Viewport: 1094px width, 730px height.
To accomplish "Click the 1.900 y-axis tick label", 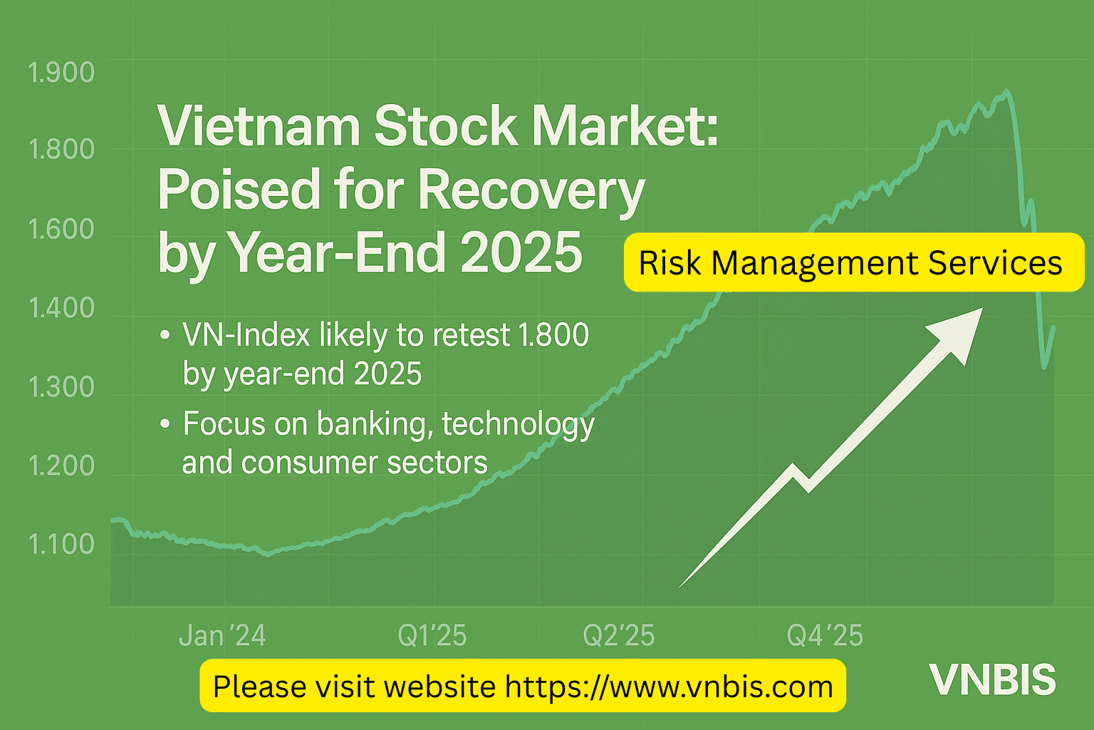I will tap(61, 73).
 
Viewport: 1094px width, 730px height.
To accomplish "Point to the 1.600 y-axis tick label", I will tap(61, 230).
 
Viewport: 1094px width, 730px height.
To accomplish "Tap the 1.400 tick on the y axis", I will tap(61, 308).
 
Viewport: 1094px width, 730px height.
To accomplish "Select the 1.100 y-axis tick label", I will tap(61, 544).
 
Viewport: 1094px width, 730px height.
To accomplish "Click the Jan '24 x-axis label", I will tap(222, 635).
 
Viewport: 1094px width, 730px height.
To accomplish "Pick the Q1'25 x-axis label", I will tap(432, 635).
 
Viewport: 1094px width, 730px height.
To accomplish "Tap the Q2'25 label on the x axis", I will tap(619, 635).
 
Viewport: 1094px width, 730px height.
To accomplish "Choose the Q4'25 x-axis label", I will tap(825, 635).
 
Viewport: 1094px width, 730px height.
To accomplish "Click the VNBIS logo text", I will tap(992, 680).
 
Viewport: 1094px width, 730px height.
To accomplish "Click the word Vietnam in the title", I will tap(259, 126).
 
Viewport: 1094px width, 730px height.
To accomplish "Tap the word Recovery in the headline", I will tap(531, 190).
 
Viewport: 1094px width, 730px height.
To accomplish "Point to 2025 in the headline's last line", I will tap(521, 253).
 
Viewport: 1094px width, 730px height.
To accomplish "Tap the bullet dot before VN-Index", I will tap(165, 334).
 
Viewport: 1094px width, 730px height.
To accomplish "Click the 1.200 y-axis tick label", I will tap(61, 466).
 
